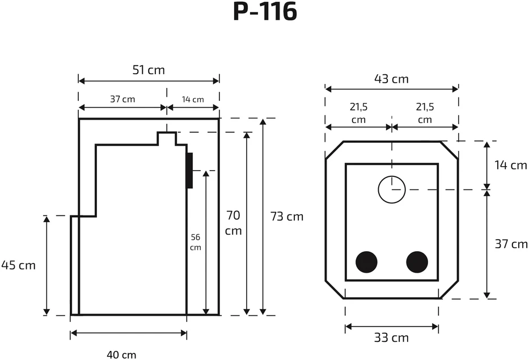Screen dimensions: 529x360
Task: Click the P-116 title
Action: tap(265, 12)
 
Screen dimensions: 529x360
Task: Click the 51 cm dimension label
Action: tap(149, 70)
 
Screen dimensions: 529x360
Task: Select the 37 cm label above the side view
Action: tap(122, 99)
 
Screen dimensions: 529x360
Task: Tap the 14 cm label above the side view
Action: tap(193, 100)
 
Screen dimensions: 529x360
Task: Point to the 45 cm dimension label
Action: tap(18, 265)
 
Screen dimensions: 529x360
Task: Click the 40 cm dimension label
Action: tap(121, 355)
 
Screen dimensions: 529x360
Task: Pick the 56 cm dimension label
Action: tap(196, 242)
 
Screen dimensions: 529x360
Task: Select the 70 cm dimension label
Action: tap(233, 223)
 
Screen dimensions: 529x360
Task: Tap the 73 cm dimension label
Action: tap(287, 217)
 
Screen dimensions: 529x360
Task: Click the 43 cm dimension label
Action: tap(391, 79)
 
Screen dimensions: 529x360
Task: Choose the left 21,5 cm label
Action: tap(358, 113)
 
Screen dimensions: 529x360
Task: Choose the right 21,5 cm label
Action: tap(425, 113)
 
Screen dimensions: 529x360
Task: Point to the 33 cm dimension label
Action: tap(391, 337)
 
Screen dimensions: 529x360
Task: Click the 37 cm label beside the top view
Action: tap(511, 244)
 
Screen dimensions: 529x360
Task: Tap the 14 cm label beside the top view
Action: tap(510, 165)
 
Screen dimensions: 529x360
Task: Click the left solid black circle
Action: tap(366, 262)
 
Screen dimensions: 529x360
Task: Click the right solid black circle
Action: tap(417, 262)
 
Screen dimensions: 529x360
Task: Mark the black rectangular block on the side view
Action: tap(189, 171)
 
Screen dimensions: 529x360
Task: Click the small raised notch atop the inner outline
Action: tap(167, 133)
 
